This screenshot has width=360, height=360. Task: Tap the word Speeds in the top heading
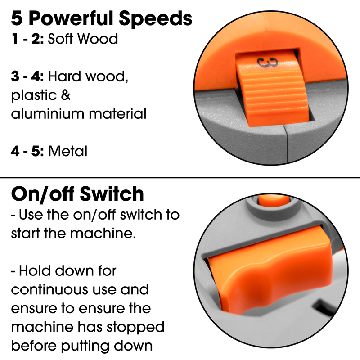pos(155,19)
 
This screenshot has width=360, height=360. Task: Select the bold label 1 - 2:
pos(27,39)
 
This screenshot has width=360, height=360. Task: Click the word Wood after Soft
pos(98,39)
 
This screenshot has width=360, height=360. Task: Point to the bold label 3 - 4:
pos(27,76)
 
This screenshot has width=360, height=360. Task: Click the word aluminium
pos(48,114)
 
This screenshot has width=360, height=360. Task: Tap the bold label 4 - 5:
pos(27,151)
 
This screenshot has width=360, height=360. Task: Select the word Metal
pos(68,151)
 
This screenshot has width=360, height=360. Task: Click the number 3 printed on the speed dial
pos(267,63)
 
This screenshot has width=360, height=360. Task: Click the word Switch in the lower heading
pos(112,194)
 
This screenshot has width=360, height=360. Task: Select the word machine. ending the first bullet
pos(103,234)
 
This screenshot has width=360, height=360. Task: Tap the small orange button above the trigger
pos(274,200)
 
